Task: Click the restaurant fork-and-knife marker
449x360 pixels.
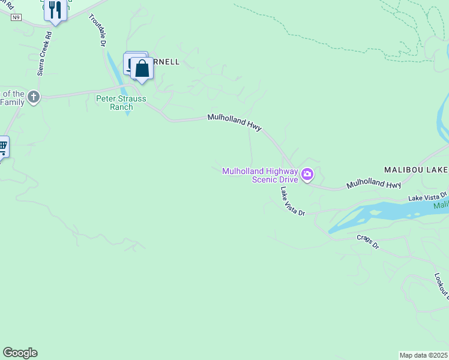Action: pos(55,10)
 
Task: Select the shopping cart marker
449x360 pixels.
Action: pos(2,146)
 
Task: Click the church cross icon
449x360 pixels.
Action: pos(34,97)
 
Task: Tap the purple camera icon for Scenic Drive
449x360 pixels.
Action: pos(307,175)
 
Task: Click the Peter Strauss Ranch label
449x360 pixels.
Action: pos(121,103)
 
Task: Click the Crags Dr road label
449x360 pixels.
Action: pos(368,241)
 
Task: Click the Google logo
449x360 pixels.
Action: pos(20,353)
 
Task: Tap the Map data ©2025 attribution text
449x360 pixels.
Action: pos(423,355)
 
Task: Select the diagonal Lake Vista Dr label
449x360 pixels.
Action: pos(292,201)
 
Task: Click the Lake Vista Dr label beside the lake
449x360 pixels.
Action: pos(428,197)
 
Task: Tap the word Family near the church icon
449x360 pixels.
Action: pos(12,102)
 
